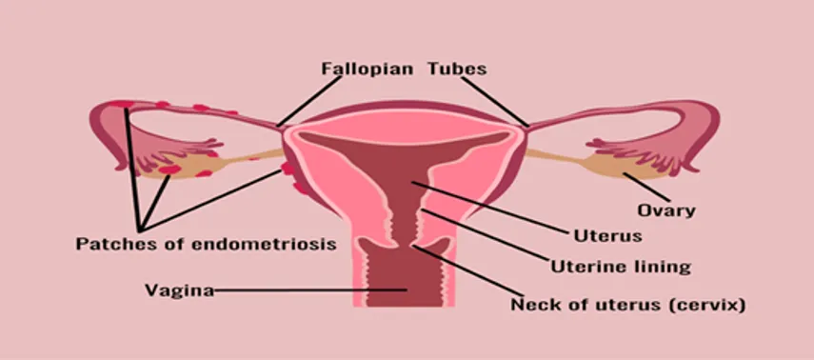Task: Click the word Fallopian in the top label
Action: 367,70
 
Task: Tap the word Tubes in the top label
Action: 457,70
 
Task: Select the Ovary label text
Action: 666,210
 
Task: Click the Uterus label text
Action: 607,236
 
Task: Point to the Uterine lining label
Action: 621,267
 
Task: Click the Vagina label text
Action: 179,290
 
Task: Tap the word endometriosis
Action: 265,244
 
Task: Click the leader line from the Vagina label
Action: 310,290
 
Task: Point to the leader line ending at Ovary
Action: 646,188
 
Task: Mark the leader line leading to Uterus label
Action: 489,208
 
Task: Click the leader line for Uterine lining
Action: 485,235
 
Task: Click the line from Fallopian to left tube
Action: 310,101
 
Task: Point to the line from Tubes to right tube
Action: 495,102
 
